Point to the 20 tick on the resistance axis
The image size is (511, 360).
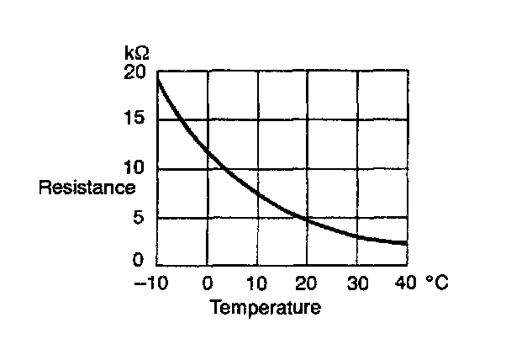coord(134,72)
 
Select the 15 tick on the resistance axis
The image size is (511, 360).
coord(134,119)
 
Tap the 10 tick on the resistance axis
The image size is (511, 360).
coord(135,168)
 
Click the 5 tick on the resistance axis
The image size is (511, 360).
coord(140,218)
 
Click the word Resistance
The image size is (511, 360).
coord(87,188)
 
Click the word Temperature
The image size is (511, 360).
coord(265,307)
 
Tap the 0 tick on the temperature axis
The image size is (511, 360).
coord(208,283)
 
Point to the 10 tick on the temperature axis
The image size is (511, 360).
coord(257,283)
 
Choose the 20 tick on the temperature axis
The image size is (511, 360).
coord(308,283)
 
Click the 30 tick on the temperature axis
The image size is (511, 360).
coord(358,283)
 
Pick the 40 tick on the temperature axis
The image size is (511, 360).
coord(407,283)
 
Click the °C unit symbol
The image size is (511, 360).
coord(435,283)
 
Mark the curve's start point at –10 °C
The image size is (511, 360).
coord(158,76)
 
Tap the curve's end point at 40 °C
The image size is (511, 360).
coord(407,244)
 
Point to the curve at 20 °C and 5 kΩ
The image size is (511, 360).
coord(308,218)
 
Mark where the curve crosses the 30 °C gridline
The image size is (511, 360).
coord(358,237)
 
